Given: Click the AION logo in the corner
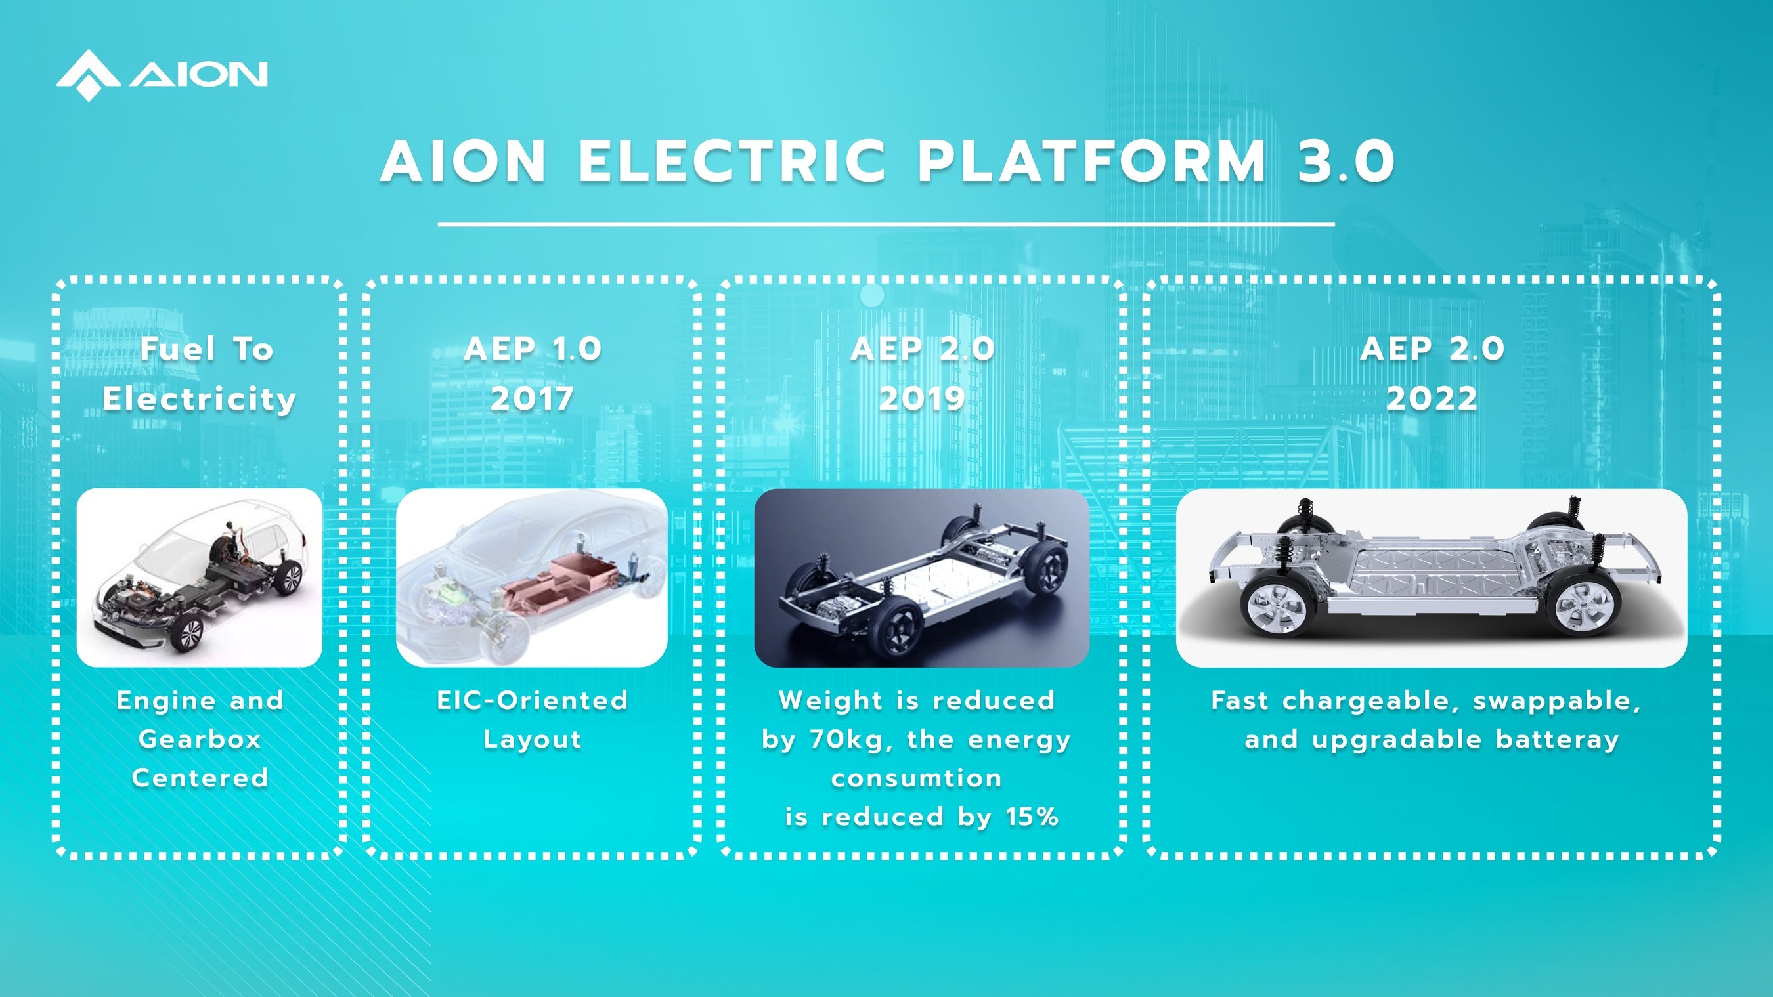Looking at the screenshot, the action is click(162, 75).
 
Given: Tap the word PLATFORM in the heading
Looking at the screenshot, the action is click(1091, 161).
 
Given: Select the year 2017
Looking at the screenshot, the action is click(532, 398).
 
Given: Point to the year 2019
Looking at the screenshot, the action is click(923, 398).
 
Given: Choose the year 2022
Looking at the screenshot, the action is click(1432, 398).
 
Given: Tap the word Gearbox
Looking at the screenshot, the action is click(200, 739).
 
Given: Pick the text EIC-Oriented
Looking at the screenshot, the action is click(532, 700).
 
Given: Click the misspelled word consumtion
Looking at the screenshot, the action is click(916, 778).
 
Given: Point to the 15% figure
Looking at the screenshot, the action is click(1032, 817).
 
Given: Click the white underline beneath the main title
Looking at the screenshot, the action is click(886, 224).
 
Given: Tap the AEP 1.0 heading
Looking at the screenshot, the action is click(533, 349).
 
